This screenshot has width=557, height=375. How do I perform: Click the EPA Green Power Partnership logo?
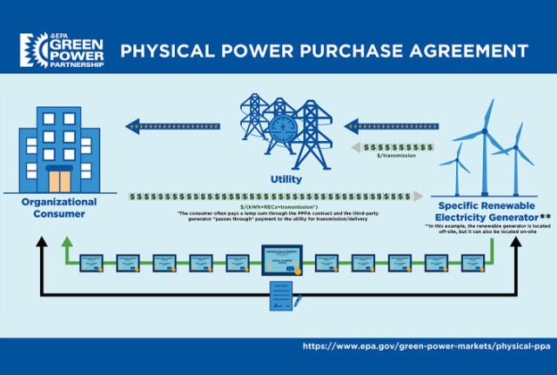pos(57,50)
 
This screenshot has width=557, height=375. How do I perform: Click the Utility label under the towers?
pos(286,179)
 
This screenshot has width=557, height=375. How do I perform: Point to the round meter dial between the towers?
pos(285,129)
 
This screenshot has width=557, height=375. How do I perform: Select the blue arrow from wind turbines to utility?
pos(388,127)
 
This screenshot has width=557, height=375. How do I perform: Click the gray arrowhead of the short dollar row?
pos(354,148)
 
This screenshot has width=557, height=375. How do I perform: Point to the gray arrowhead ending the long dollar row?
pos(419,197)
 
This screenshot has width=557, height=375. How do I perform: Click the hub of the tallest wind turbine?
pos(485,134)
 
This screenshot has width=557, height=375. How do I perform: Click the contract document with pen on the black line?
pos(284,296)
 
